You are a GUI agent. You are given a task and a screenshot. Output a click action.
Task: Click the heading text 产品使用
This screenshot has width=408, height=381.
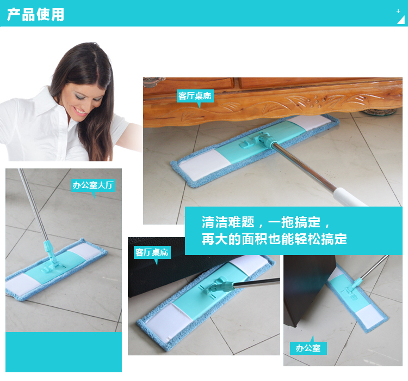pyautogui.click(x=36, y=14)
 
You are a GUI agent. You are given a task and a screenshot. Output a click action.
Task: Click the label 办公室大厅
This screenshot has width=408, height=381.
pyautogui.click(x=93, y=185)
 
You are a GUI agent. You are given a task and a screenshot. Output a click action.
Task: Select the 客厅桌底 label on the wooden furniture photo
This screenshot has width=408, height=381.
pyautogui.click(x=195, y=96)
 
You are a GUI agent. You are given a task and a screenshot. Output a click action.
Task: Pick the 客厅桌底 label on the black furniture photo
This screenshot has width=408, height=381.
pyautogui.click(x=152, y=252)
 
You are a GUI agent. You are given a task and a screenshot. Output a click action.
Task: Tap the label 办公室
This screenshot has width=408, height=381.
pyautogui.click(x=308, y=348)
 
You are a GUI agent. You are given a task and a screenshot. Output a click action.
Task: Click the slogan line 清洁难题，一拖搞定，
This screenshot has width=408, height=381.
pyautogui.click(x=266, y=222)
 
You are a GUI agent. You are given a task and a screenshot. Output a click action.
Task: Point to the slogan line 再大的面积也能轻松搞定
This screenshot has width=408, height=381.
pyautogui.click(x=274, y=239)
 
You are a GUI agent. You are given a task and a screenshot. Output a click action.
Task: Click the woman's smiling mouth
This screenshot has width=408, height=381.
pyautogui.click(x=81, y=111)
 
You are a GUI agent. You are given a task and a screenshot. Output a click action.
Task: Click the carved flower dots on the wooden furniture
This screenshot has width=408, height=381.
pyautogui.click(x=317, y=101)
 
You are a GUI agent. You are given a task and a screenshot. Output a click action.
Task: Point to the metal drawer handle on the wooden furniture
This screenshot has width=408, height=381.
pyautogui.click(x=153, y=82)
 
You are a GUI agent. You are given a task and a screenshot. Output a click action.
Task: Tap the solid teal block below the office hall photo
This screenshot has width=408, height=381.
pyautogui.click(x=64, y=352)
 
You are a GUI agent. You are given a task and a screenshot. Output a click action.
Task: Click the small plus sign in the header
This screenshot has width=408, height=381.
pyautogui.click(x=398, y=11)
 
